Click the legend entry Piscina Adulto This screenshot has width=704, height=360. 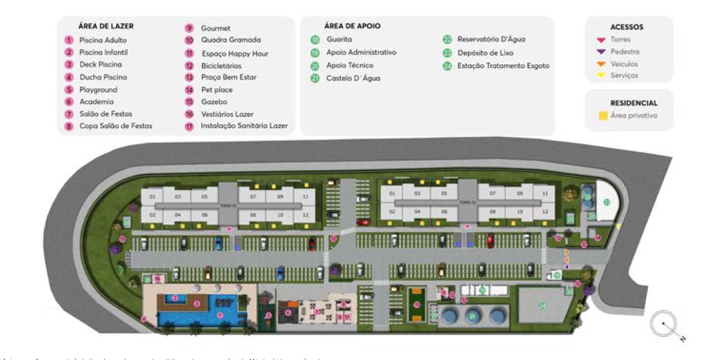[102, 40]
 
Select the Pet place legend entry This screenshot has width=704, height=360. [217, 90]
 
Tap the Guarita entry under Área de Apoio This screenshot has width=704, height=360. [339, 39]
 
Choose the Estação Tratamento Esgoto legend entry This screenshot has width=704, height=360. [503, 65]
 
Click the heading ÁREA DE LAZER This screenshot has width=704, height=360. [106, 26]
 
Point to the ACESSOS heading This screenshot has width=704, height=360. [627, 27]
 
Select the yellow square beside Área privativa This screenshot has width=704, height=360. [603, 116]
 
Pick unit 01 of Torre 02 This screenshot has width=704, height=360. [152, 197]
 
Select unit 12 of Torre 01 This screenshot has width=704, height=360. [545, 212]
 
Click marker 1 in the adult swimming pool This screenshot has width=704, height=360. [219, 316]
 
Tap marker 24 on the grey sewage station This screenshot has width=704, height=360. [543, 305]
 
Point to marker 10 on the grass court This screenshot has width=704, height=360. [417, 304]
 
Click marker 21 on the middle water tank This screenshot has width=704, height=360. [472, 316]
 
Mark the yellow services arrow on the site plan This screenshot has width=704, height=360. [618, 226]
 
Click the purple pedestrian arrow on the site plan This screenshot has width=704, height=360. [566, 267]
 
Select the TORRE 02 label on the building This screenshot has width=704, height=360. [229, 205]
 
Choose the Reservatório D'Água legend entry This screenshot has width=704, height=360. [490, 39]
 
